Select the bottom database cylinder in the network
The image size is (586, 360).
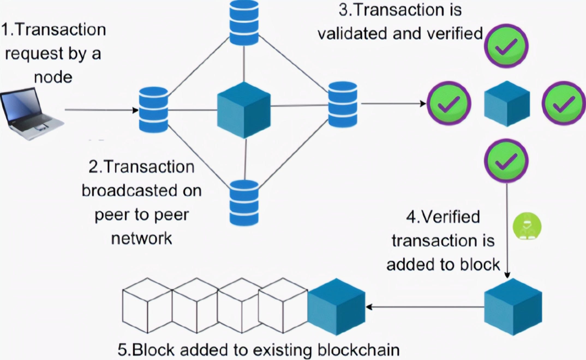(244, 203)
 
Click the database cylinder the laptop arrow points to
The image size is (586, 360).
(153, 110)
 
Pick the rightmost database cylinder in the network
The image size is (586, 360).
(343, 104)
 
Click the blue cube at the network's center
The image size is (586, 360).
(244, 110)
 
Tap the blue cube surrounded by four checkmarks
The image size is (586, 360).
(507, 104)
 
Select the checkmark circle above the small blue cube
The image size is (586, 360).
(506, 46)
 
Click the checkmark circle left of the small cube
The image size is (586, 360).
(449, 103)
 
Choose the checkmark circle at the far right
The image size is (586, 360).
(564, 103)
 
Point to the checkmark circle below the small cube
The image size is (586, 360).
(506, 161)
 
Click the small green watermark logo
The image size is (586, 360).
(527, 226)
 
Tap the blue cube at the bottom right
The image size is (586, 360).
(513, 307)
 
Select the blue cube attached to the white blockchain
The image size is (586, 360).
(336, 307)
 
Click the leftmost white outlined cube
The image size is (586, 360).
(147, 305)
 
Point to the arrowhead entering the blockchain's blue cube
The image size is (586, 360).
(369, 307)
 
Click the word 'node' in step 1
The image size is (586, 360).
(53, 77)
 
